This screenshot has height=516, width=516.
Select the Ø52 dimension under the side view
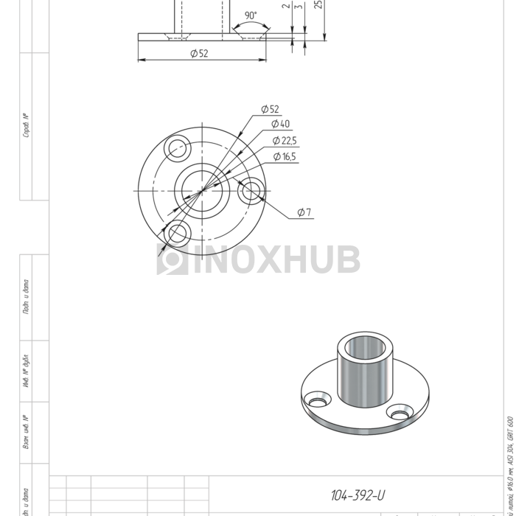click(x=199, y=53)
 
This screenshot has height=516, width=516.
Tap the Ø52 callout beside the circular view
click(x=270, y=109)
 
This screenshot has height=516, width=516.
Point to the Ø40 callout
click(x=280, y=124)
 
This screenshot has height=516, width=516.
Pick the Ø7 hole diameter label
click(x=304, y=212)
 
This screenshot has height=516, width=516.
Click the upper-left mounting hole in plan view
click(x=178, y=148)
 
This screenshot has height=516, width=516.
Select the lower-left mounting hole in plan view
click(x=177, y=234)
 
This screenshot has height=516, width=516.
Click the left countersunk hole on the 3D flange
click(x=319, y=402)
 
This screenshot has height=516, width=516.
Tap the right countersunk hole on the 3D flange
click(x=400, y=414)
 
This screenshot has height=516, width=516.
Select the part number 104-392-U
click(x=358, y=496)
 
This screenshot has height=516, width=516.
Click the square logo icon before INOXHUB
click(x=172, y=260)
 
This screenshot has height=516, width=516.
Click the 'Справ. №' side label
click(x=26, y=125)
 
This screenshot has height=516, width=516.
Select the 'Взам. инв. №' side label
click(x=26, y=432)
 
